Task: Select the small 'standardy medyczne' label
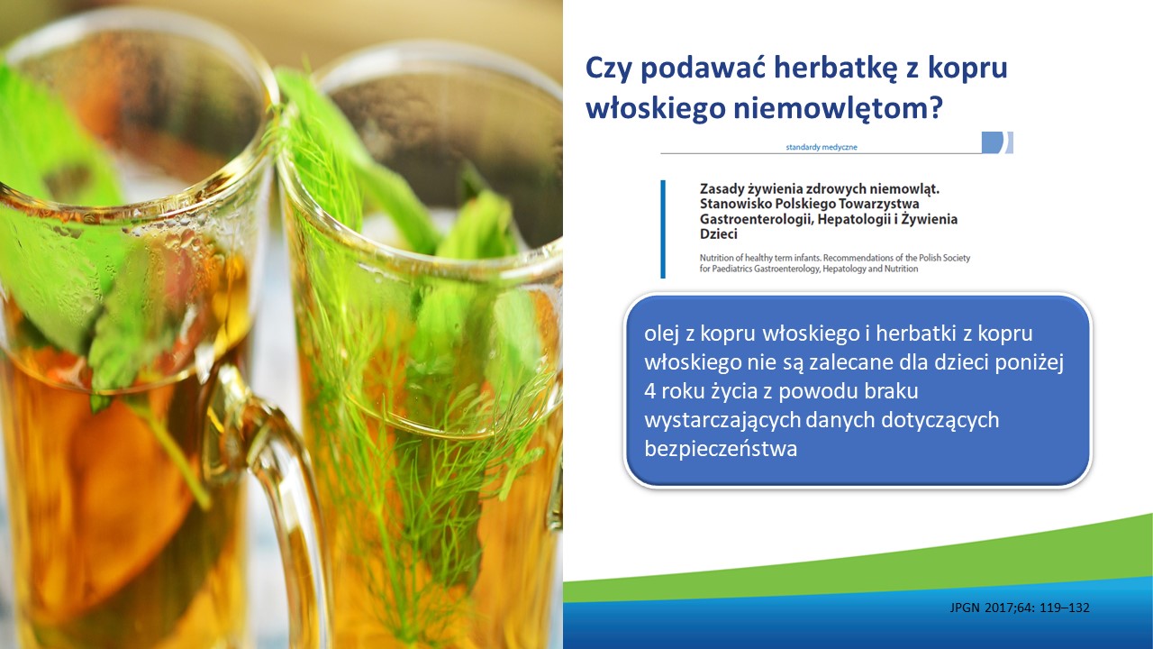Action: point(822,147)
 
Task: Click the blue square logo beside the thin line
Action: point(993,142)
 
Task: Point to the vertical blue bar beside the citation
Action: point(663,229)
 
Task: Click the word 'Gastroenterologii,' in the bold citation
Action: point(756,219)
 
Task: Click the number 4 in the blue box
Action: point(650,391)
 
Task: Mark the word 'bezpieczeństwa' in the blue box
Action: point(721,449)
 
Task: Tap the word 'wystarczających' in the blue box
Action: point(722,421)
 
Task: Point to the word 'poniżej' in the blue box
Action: point(1029,363)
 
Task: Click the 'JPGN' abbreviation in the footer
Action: point(965,608)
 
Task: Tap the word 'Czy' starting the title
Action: point(608,69)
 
